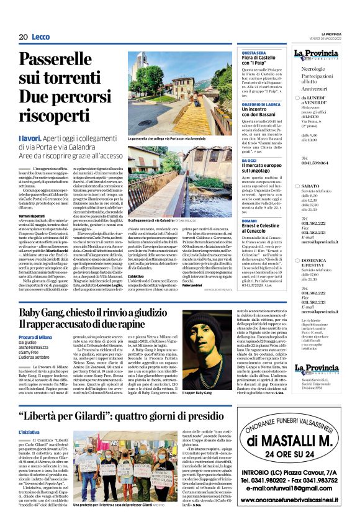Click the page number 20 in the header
coord(23,37)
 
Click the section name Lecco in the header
coord(40,37)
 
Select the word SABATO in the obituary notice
coord(311,185)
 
